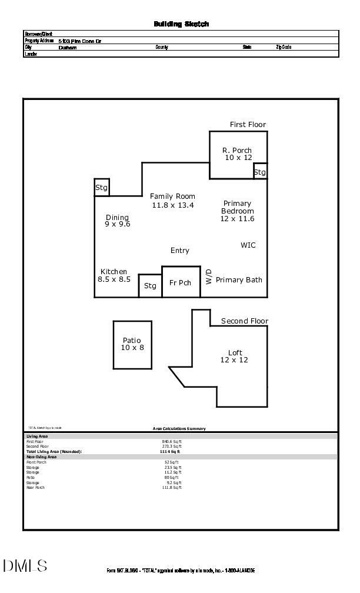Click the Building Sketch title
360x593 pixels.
coord(181,24)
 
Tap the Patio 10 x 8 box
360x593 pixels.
coord(132,345)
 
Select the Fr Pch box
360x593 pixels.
coord(181,282)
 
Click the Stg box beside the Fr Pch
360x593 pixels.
coord(150,286)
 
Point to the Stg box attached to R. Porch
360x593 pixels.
coord(260,172)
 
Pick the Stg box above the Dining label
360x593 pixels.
coord(102,188)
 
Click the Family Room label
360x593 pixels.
coord(172,196)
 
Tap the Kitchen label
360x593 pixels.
coord(114,272)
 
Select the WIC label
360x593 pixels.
coord(248,245)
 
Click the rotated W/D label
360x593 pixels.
coord(209,277)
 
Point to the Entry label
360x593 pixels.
coord(180,251)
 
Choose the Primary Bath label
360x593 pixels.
coord(239,280)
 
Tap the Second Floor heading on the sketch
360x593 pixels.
coord(244,321)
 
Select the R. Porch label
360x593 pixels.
coord(237,151)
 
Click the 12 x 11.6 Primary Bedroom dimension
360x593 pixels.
coord(238,219)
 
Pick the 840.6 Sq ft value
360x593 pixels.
coord(172,441)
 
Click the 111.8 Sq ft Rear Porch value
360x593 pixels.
coord(172,488)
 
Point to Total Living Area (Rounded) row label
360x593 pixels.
coord(54,452)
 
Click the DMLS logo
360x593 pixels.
coord(25,566)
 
